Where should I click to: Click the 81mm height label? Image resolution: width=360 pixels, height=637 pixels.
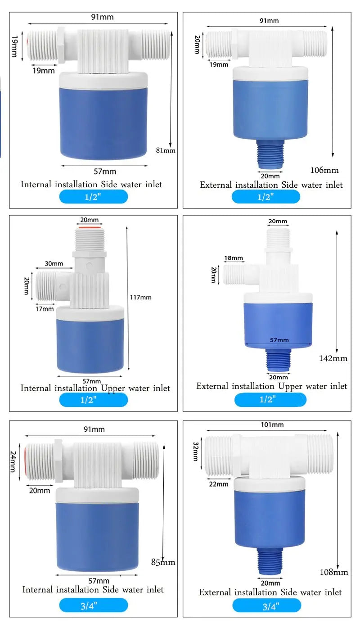tap(165, 150)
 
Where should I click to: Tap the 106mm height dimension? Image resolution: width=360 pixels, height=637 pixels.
tap(324, 170)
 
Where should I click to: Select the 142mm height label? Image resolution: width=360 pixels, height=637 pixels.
tap(333, 358)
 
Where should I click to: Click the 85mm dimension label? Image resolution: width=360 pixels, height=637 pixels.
tap(163, 562)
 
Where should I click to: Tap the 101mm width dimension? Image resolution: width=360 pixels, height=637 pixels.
tap(272, 425)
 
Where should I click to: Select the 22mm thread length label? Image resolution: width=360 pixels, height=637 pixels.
tap(219, 484)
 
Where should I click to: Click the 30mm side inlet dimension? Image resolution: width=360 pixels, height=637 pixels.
tap(54, 263)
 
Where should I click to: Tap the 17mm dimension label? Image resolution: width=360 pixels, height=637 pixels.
tap(45, 309)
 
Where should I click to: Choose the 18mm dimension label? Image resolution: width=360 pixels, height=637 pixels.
tap(234, 258)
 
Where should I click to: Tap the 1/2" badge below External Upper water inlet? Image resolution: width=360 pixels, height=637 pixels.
tap(270, 399)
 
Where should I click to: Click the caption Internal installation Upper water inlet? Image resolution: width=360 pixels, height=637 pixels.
tap(95, 388)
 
